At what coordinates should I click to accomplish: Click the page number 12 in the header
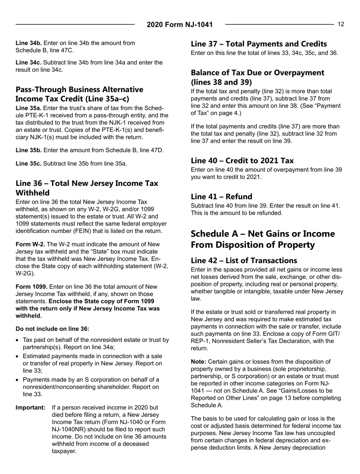(341, 24)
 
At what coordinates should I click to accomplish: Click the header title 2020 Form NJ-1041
(180, 25)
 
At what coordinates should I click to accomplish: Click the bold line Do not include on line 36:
(52, 329)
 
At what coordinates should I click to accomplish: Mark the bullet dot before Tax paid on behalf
(18, 340)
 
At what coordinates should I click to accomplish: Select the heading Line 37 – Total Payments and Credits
(259, 44)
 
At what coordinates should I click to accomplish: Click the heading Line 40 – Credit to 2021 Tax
(242, 160)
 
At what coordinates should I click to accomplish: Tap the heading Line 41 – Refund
(221, 196)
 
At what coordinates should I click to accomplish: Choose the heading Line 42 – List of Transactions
(244, 260)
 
